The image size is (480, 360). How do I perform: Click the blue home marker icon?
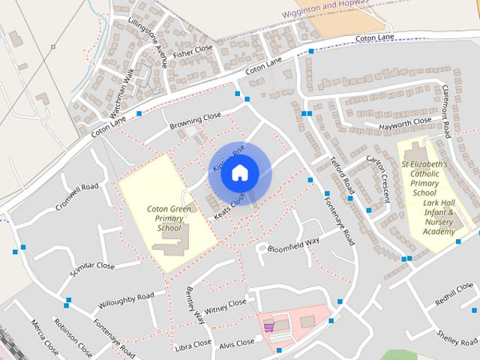click(238, 172)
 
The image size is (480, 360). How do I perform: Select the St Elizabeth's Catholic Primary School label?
click(424, 178)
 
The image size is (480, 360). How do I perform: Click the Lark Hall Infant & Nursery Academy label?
click(439, 217)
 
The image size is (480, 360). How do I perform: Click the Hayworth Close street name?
click(405, 121)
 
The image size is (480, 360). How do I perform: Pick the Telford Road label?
click(342, 173)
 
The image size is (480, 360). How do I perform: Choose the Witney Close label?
click(225, 305)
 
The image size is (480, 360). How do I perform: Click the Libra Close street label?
click(192, 344)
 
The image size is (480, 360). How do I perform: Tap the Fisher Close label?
click(193, 51)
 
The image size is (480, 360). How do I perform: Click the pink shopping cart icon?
click(268, 325)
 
